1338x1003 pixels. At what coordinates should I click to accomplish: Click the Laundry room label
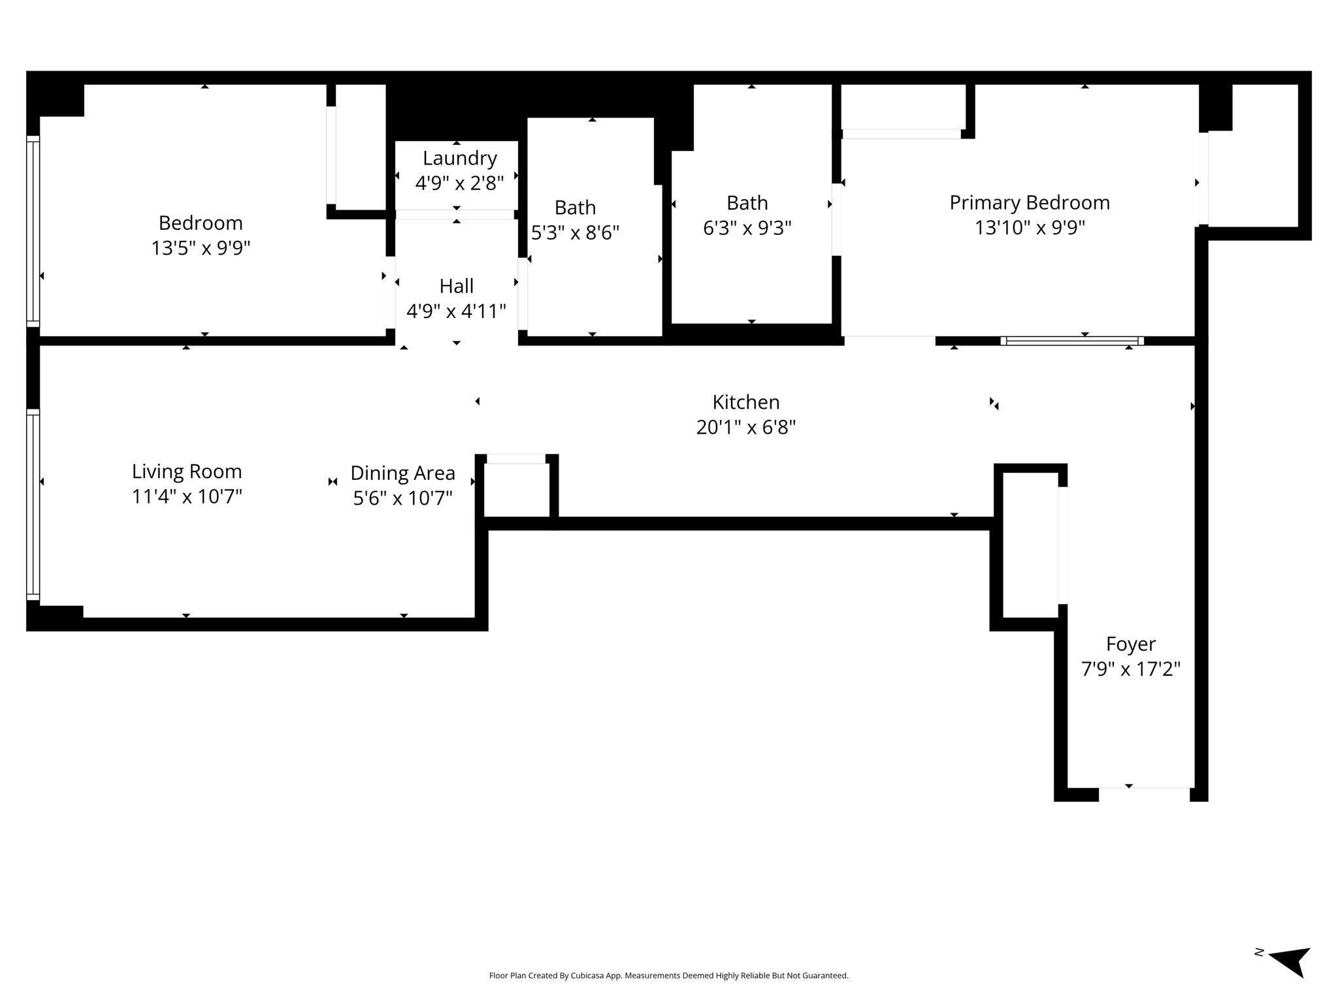(459, 158)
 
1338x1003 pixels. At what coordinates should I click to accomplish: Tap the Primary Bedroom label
(1030, 202)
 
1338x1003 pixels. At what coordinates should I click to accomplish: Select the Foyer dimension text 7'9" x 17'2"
(1131, 669)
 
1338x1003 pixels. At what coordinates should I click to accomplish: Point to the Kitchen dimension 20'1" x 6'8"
(746, 427)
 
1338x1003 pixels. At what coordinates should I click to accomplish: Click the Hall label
(456, 286)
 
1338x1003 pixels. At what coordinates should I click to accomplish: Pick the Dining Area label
(402, 473)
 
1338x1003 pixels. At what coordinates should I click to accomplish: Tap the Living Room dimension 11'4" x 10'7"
(187, 497)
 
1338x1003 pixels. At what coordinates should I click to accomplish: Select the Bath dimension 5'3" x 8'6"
(575, 232)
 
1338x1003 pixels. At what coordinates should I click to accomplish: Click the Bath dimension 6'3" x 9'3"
(747, 228)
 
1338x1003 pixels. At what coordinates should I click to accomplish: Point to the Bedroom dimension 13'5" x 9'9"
(201, 248)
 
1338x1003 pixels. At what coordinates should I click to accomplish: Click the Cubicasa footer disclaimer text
(668, 976)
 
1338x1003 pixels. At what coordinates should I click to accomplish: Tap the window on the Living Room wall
(33, 504)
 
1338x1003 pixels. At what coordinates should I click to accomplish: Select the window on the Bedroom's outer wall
(33, 231)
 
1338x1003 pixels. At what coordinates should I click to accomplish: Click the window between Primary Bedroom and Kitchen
(1072, 341)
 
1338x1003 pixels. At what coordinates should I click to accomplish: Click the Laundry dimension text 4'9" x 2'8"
(459, 183)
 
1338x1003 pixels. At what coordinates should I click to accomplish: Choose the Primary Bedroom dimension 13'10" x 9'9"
(1030, 228)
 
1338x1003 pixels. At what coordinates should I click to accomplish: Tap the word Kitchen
(746, 402)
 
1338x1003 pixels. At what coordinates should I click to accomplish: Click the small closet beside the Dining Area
(516, 490)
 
